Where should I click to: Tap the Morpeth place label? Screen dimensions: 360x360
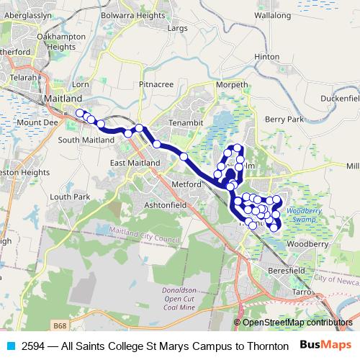tap(231, 84)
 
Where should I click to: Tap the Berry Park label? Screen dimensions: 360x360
tap(285, 119)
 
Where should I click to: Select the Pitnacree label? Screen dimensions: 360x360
tap(156, 84)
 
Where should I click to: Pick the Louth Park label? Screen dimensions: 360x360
tap(70, 196)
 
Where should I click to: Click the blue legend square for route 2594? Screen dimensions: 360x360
tap(7, 345)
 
